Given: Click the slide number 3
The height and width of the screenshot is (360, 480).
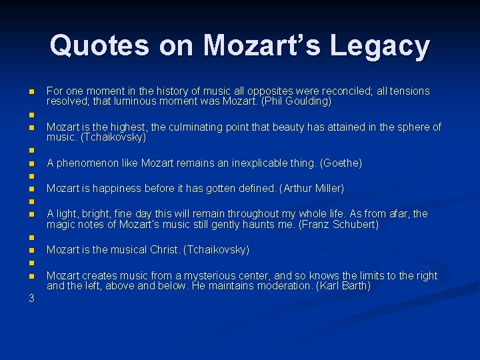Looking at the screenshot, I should click(31, 298).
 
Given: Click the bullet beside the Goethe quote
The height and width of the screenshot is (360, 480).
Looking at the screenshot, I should click(31, 163).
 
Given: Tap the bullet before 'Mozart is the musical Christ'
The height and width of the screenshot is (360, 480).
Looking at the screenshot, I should click(31, 250).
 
